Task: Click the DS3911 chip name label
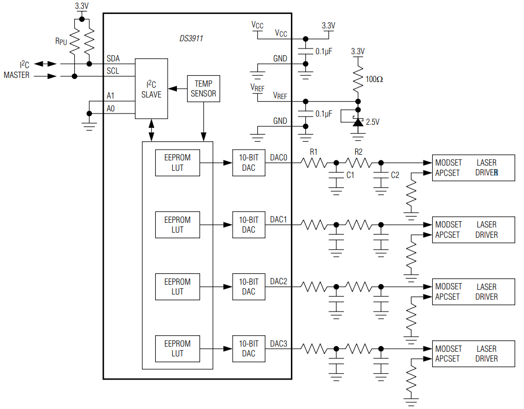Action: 191,39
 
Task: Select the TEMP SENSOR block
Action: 203,88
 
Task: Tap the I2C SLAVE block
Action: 151,89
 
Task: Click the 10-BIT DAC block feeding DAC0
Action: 249,162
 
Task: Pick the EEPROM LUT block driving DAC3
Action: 177,349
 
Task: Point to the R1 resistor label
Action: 314,152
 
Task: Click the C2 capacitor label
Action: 395,175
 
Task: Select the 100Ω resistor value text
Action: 374,79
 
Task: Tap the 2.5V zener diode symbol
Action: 357,122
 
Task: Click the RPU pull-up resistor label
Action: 61,41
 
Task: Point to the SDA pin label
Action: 113,59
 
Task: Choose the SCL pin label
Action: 113,71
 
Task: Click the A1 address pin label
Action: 110,96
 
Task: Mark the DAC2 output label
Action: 279,282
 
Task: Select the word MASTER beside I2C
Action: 17,75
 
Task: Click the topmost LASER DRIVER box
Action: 473,168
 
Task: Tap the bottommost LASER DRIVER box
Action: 473,354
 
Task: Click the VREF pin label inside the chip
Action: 281,96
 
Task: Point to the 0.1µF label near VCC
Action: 324,52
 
